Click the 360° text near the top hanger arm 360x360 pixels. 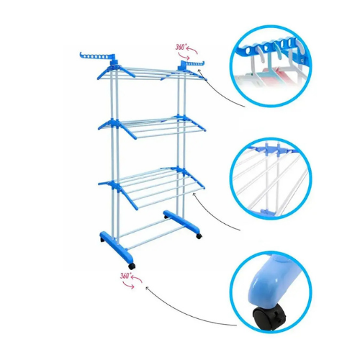click(x=181, y=47)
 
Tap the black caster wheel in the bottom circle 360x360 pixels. click(x=269, y=317)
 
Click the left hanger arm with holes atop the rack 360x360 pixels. click(x=97, y=57)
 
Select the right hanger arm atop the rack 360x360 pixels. click(x=192, y=64)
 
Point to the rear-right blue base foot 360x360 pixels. click(x=181, y=220)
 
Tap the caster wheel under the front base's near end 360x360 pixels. click(x=132, y=266)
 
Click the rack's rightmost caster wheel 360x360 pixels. click(x=199, y=236)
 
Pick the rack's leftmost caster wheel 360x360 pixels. click(x=102, y=240)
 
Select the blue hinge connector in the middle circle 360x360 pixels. click(x=271, y=150)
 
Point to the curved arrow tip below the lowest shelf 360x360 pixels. click(x=194, y=194)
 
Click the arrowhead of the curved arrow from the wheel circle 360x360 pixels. click(x=147, y=287)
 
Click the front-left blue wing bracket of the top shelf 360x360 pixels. click(x=106, y=73)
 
